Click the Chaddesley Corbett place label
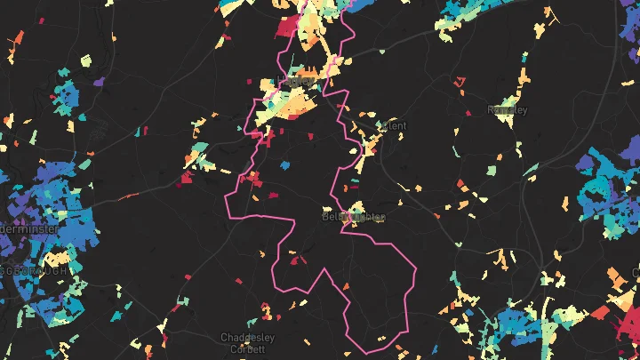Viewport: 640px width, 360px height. tap(247, 343)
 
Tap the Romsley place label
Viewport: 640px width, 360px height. tap(508, 110)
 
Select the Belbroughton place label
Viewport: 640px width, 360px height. tap(354, 217)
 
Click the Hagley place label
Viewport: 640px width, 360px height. tap(298, 81)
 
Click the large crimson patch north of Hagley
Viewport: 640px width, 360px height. tap(287, 26)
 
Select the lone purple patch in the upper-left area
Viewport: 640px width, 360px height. tap(98, 83)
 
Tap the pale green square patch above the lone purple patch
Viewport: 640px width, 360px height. tap(85, 61)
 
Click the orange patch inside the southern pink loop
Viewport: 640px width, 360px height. tap(346, 285)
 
